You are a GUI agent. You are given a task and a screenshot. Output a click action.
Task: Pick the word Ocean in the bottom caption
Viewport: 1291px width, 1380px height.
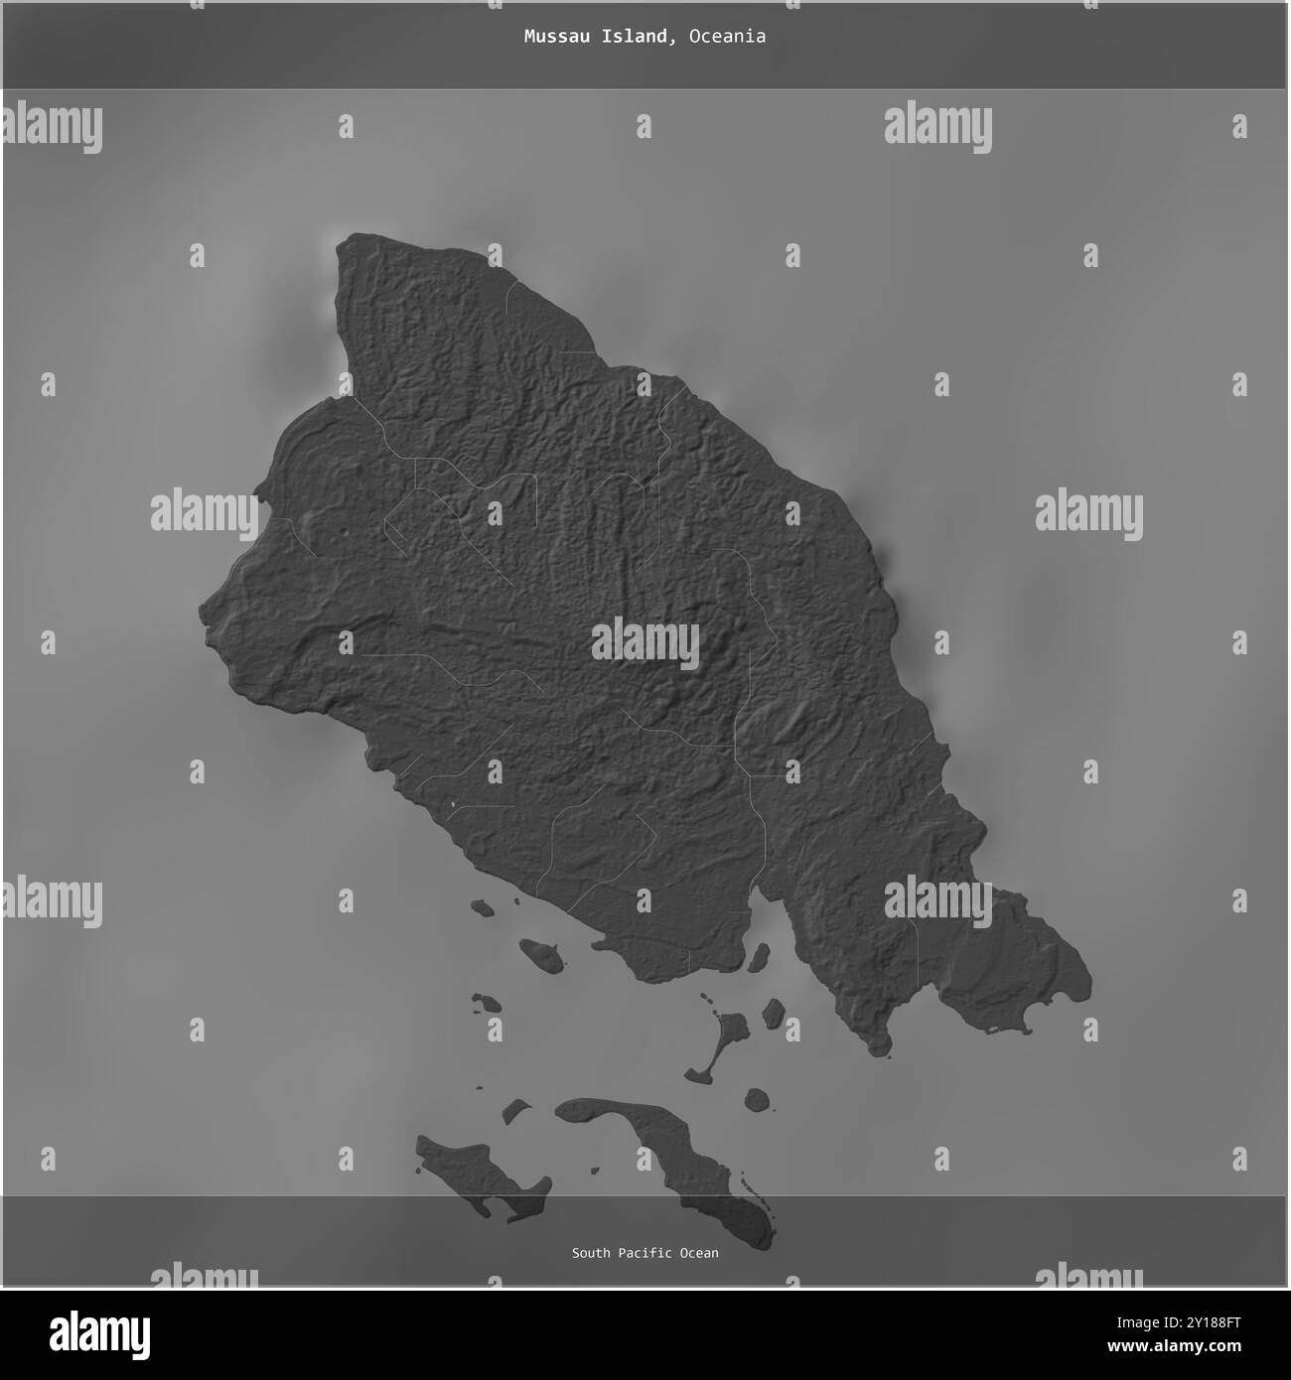(699, 1253)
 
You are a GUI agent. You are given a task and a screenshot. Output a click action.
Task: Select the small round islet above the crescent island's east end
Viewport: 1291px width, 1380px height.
(757, 1100)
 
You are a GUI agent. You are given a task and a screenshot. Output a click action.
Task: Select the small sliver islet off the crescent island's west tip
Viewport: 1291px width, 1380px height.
(514, 1109)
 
